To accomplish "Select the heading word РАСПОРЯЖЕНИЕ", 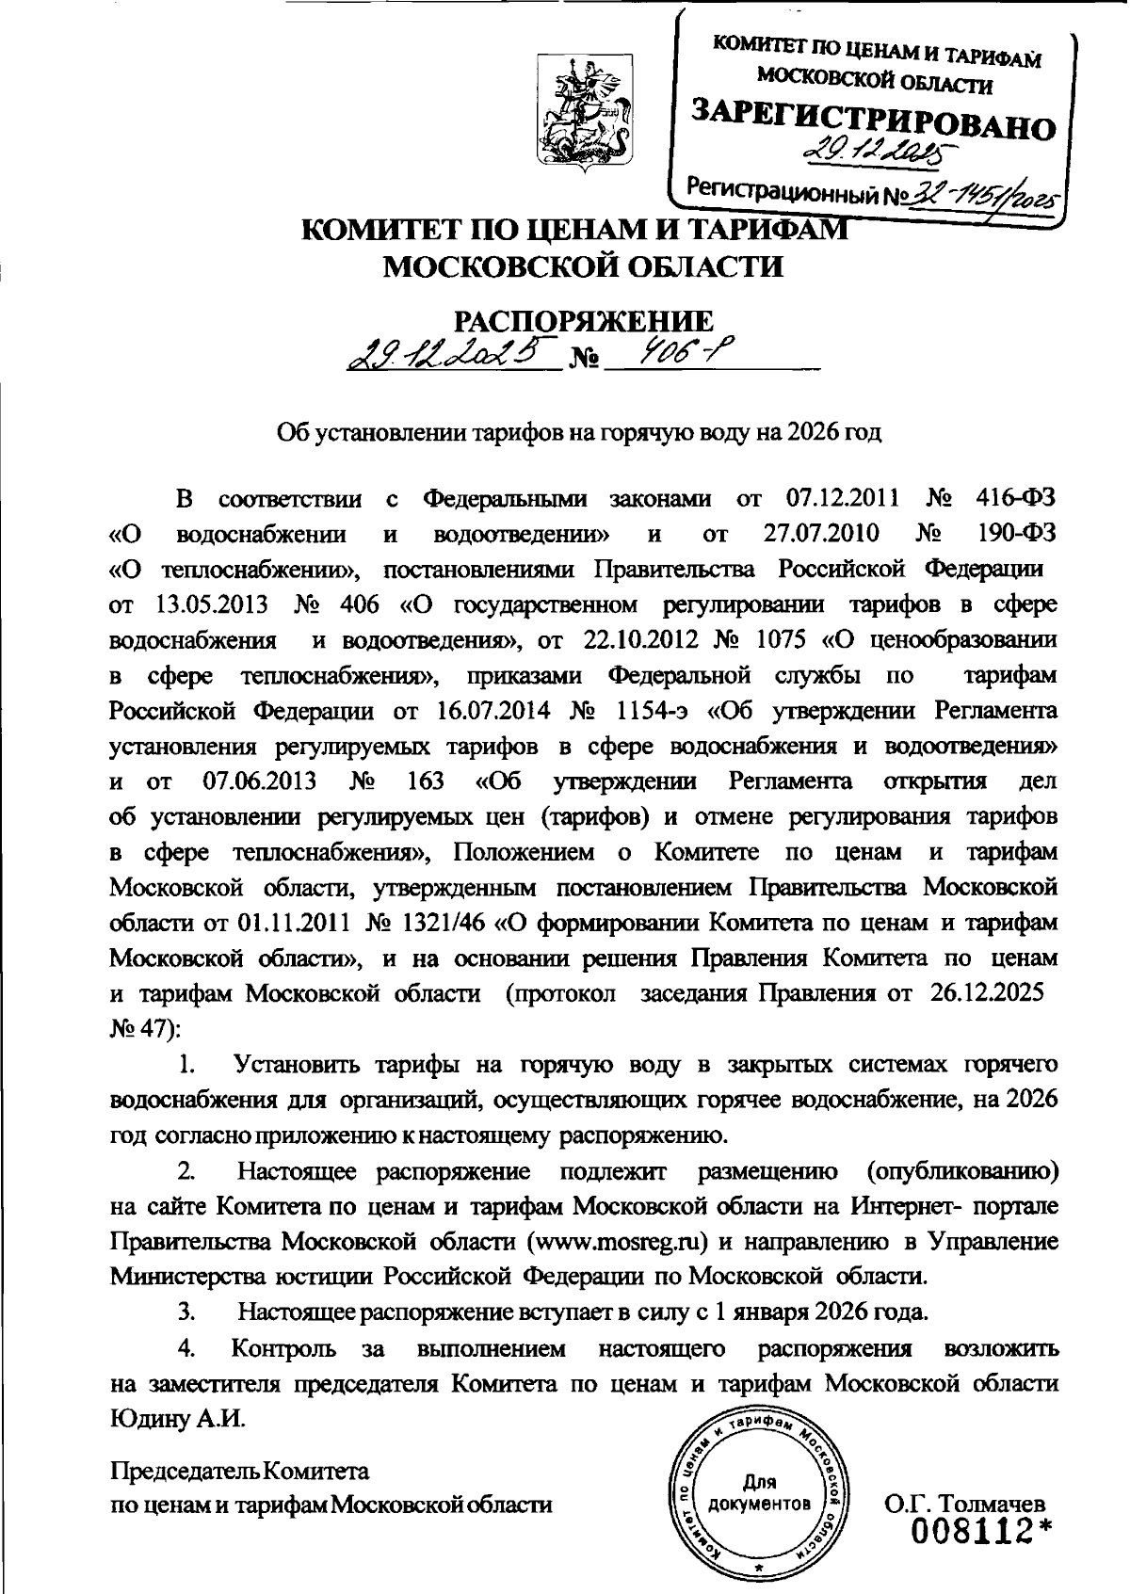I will coord(585,321).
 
